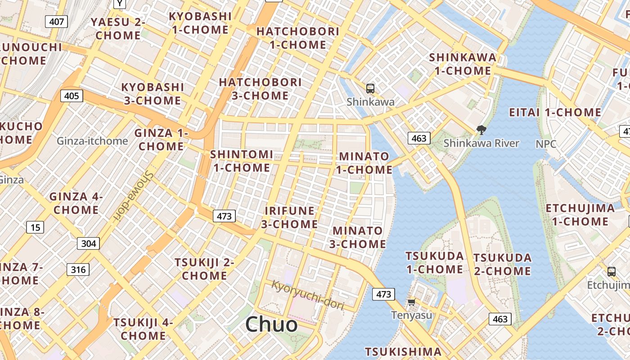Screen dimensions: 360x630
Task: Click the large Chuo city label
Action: [x=271, y=324]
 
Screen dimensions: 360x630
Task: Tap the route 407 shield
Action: [x=56, y=21]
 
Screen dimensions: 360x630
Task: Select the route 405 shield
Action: [x=72, y=95]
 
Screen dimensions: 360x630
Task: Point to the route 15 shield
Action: [x=35, y=227]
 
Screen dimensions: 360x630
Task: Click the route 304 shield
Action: [x=89, y=243]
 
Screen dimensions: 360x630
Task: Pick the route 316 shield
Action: [x=78, y=270]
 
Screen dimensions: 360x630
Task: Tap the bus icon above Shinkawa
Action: [x=370, y=89]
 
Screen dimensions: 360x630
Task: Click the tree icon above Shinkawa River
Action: [x=481, y=130]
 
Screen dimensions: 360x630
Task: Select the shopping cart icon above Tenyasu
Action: [x=411, y=302]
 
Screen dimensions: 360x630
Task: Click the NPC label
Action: [x=546, y=144]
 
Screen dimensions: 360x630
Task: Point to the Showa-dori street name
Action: [x=133, y=196]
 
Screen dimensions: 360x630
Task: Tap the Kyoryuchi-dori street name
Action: [x=308, y=295]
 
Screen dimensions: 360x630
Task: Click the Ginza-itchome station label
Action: [x=92, y=141]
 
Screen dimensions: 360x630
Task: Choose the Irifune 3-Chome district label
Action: [x=289, y=217]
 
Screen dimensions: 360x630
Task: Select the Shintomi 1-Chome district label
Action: [x=242, y=161]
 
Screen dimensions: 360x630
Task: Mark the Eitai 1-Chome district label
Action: [x=555, y=112]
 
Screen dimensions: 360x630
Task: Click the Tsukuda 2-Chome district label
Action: [x=502, y=265]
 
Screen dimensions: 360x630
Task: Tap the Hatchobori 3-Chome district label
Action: [x=260, y=89]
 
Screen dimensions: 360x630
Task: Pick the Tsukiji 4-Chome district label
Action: [x=143, y=329]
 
